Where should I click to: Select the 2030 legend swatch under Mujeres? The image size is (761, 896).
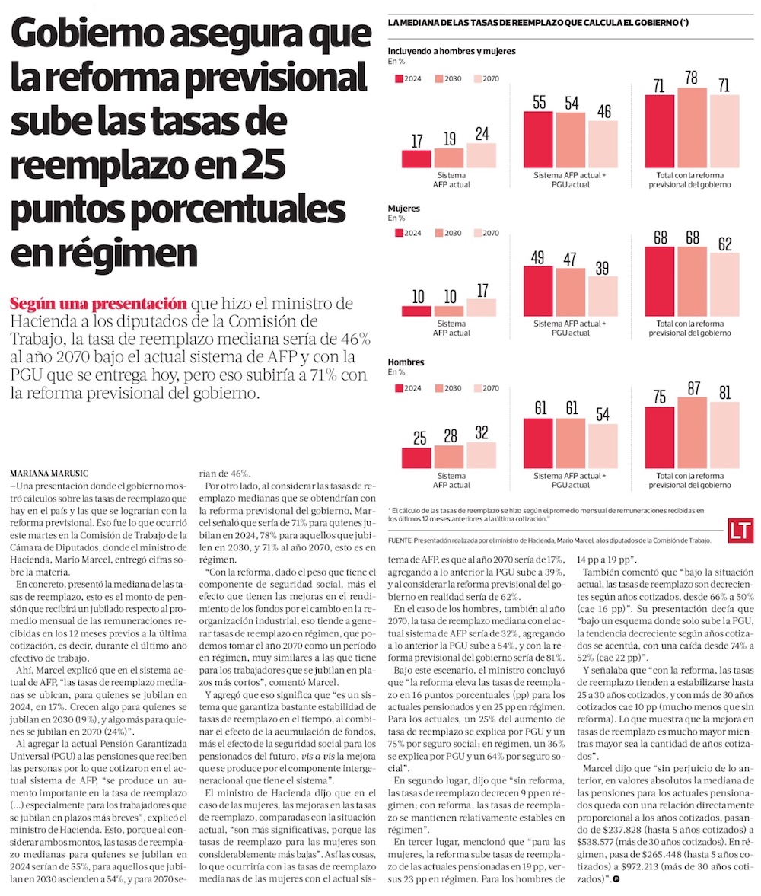click(440, 233)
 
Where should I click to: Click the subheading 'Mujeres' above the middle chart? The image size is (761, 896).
click(404, 207)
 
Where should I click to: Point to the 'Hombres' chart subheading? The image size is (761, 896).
click(406, 362)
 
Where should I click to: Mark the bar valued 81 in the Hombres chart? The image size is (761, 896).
click(724, 435)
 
